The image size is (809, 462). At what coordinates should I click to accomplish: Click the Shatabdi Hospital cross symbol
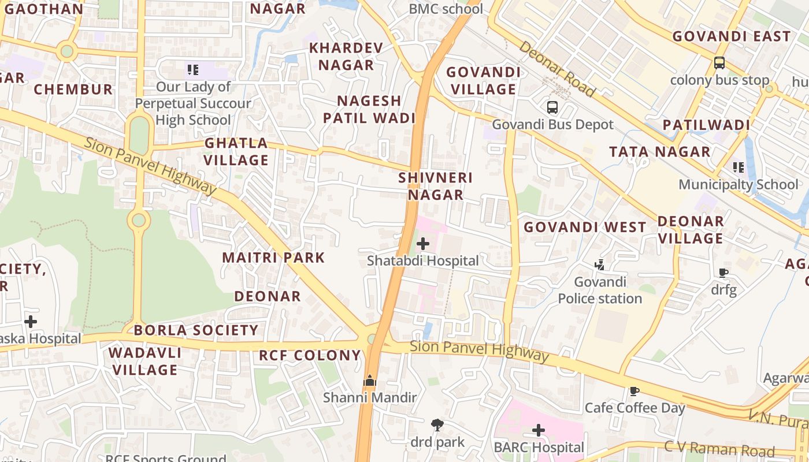[x=423, y=244]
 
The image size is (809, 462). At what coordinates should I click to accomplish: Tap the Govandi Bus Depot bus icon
[x=552, y=107]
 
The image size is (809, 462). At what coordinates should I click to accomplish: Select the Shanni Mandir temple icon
[x=370, y=381]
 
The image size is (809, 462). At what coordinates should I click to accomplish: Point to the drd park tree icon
[x=437, y=426]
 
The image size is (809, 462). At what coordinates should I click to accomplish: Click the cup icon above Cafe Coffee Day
[x=634, y=392]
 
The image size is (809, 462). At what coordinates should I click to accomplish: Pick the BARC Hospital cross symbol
[x=539, y=430]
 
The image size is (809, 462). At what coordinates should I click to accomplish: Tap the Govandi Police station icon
[x=600, y=265]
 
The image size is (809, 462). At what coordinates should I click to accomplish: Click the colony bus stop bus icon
[x=719, y=63]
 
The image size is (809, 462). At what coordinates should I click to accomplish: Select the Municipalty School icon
[x=738, y=167]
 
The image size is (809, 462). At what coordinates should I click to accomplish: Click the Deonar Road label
[x=556, y=69]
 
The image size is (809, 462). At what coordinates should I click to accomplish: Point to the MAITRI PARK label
[x=274, y=258]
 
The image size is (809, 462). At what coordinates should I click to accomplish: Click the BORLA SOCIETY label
[x=196, y=330]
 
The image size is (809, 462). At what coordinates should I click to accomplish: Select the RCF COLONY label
[x=310, y=355]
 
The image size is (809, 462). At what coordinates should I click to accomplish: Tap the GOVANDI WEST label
[x=585, y=227]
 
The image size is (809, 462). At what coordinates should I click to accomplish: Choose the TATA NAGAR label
[x=659, y=152]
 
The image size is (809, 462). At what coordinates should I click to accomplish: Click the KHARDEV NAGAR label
[x=346, y=56]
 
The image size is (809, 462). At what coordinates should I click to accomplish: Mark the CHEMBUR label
[x=73, y=90]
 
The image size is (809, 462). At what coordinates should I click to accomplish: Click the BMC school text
[x=446, y=9]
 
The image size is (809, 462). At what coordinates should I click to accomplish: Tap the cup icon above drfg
[x=723, y=273]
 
